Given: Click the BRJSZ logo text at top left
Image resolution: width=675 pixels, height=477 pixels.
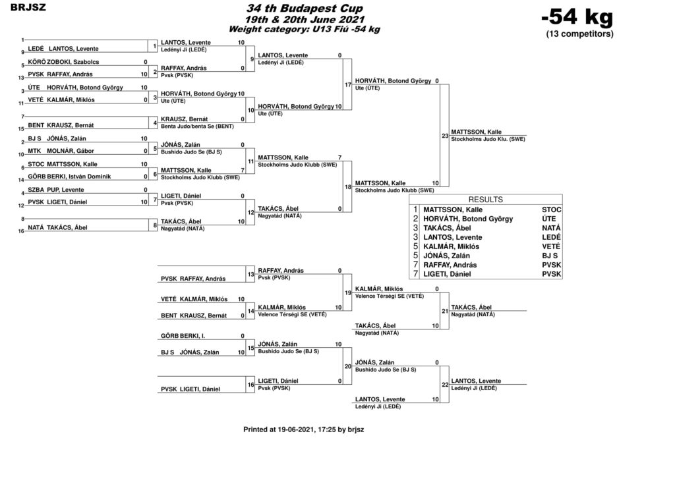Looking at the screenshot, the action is [28, 7].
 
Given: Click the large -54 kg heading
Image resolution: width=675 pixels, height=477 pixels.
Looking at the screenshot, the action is [577, 17].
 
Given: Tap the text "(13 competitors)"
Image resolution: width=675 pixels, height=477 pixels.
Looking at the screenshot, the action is [579, 34].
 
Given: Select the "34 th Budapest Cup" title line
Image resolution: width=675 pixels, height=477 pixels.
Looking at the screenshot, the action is [305, 8].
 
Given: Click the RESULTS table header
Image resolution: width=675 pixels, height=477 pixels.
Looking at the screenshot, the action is [486, 200].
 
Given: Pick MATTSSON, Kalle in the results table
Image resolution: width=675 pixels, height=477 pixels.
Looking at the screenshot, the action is [453, 210].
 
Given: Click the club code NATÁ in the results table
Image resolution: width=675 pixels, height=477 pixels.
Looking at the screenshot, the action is [552, 228].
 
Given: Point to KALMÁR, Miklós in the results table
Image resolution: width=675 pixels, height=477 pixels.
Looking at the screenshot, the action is [451, 246].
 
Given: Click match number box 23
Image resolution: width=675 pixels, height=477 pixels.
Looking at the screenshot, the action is [445, 136].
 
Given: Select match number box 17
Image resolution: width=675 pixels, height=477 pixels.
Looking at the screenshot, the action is [347, 85].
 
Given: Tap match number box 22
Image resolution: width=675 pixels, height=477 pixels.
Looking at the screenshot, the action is [445, 385].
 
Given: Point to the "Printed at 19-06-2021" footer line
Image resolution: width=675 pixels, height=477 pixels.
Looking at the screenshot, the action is [303, 430].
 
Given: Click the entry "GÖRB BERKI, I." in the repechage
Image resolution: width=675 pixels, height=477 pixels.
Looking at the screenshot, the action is [183, 336].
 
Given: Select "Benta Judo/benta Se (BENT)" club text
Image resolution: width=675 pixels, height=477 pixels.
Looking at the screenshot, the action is [197, 126].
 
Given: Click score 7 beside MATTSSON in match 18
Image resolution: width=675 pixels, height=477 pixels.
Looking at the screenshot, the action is [339, 157].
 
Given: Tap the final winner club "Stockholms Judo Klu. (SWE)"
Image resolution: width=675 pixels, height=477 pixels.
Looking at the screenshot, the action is [488, 140].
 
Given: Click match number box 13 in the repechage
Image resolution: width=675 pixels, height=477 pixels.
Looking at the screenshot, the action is [250, 275].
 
